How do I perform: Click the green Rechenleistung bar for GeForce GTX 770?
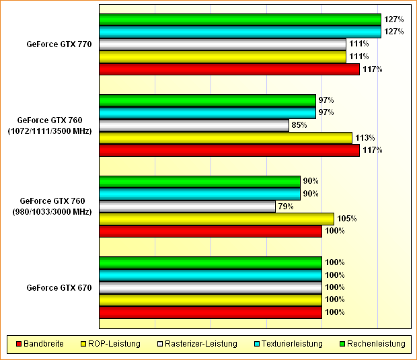coord(239,20)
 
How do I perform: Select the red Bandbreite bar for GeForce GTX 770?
coord(229,69)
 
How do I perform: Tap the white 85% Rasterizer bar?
coord(194,125)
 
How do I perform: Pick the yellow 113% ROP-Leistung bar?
coord(225,138)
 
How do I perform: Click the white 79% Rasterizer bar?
coord(187,207)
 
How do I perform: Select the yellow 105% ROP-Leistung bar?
coord(216,219)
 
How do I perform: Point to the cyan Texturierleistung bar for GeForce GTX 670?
coord(210,275)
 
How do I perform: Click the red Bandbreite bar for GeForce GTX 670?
coord(210,312)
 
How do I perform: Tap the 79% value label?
coord(285,207)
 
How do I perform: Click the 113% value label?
coord(364,137)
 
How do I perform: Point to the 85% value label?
coord(299,125)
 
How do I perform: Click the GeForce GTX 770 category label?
coord(59,44)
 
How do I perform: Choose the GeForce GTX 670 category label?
coord(59,288)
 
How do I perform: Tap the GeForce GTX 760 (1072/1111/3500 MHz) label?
coord(54,125)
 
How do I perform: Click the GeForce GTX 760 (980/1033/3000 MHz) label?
coord(56,207)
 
